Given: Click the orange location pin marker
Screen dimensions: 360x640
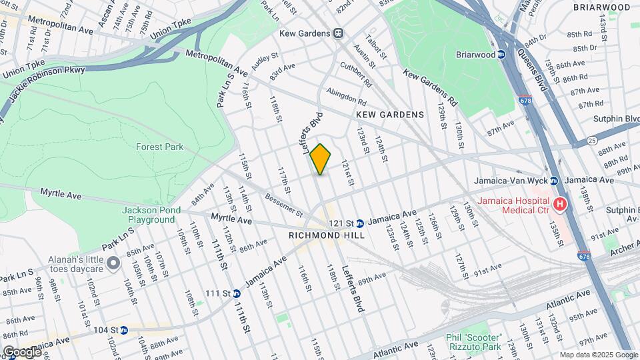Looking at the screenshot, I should click(x=321, y=159).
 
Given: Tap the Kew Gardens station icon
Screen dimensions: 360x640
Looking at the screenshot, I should click(x=339, y=33).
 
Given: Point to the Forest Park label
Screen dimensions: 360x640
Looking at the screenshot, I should click(x=154, y=146).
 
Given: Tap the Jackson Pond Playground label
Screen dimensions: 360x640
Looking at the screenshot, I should click(x=151, y=215).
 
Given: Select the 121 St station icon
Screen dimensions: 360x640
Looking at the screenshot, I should click(x=359, y=223).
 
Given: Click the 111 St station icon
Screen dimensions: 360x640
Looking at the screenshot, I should click(x=236, y=293).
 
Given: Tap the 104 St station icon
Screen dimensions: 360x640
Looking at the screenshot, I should click(x=123, y=330).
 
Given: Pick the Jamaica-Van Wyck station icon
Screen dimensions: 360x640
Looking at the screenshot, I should click(x=553, y=181).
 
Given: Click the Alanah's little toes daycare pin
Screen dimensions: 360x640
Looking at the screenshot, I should click(x=114, y=264).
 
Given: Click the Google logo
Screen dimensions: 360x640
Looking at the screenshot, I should click(x=21, y=351).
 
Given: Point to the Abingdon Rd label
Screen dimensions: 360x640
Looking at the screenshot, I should click(x=345, y=97).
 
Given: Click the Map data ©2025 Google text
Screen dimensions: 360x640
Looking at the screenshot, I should click(x=599, y=355).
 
